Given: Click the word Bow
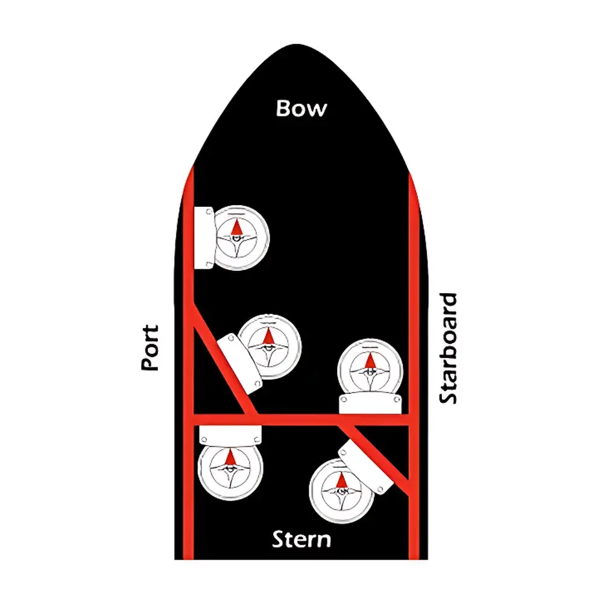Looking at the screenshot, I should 301,109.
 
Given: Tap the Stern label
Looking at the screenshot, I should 301,538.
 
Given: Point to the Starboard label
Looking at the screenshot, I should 448,348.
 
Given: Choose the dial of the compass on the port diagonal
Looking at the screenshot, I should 269,346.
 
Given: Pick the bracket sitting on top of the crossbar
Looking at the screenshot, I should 371,403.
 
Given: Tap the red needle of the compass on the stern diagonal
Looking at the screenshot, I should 341,481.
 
